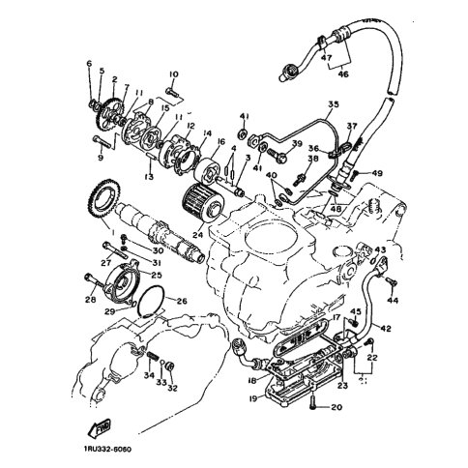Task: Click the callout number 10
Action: click(174, 74)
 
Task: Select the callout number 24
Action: click(197, 232)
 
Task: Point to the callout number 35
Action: click(334, 104)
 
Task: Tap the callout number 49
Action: click(377, 173)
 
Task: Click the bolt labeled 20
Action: click(315, 407)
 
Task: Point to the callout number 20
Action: click(336, 408)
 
